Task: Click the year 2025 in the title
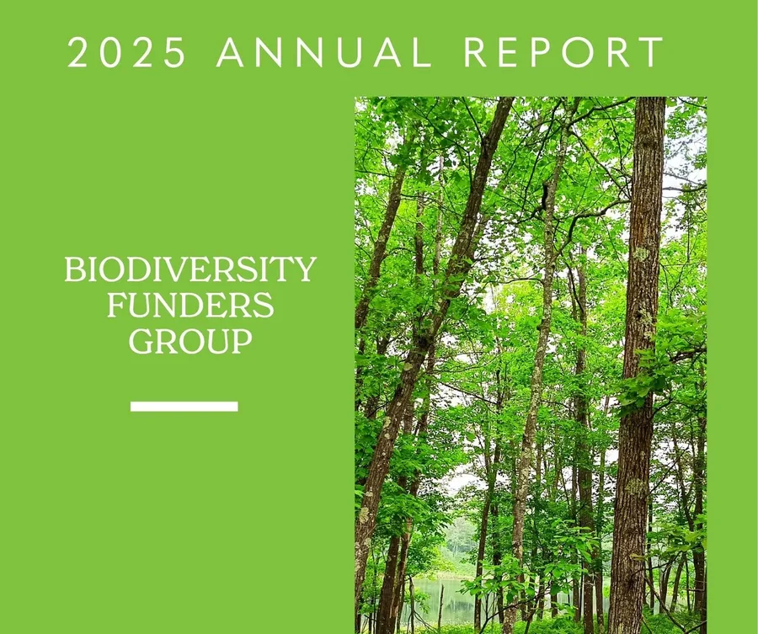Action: point(126,51)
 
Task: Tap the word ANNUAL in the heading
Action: point(323,51)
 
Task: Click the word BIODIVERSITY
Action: point(190,269)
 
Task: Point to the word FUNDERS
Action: point(190,305)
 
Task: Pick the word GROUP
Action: point(190,341)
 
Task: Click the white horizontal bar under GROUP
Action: point(184,407)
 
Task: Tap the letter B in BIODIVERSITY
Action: point(74,269)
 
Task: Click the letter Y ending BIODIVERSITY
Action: point(306,269)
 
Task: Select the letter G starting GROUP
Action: point(141,341)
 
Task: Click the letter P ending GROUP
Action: point(243,341)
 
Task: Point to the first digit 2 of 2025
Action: point(77,51)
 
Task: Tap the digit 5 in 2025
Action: point(176,51)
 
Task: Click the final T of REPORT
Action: point(653,51)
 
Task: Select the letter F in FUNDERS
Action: point(116,305)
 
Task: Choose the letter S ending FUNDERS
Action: point(264,305)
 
